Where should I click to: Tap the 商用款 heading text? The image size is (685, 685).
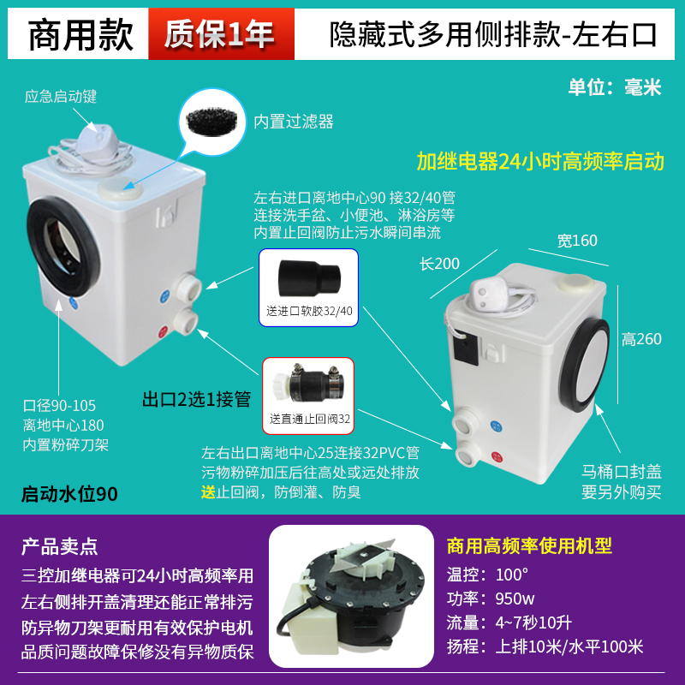pos(81,34)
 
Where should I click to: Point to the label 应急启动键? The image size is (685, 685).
pos(61,97)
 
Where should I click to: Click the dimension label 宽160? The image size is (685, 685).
pos(577,241)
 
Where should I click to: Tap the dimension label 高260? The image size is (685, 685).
pos(641,339)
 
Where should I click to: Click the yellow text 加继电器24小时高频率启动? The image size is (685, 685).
pos(539,161)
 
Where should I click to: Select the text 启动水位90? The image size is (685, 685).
pos(69,494)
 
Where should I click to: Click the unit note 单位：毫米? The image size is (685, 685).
pos(615,87)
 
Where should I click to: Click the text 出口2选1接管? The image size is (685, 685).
pos(195,399)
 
